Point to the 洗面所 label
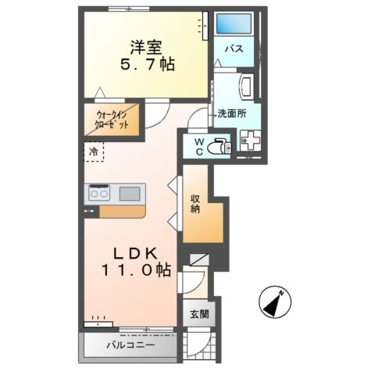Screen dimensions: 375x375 232,112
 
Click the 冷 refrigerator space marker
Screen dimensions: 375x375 94,152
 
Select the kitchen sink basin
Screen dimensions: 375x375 130,193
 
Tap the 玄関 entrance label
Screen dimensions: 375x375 198,315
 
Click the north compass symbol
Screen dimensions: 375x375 276,301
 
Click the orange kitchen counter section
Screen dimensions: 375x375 122,211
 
